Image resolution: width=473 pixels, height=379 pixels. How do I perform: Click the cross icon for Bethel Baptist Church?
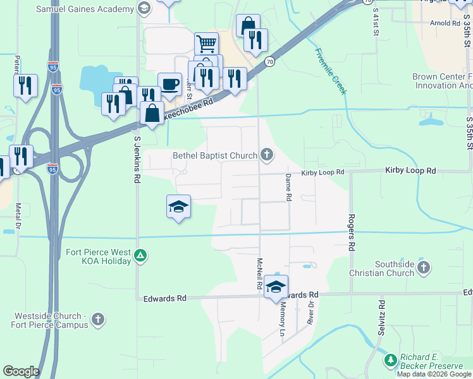[267, 155]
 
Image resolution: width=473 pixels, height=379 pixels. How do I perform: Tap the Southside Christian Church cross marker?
[424, 268]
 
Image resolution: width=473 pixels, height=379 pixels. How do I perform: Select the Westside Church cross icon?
[97, 320]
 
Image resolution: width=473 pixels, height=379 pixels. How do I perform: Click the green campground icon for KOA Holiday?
[141, 256]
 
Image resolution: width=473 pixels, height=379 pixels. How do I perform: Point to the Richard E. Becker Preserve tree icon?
[391, 361]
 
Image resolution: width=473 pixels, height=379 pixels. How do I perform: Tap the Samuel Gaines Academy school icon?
[144, 9]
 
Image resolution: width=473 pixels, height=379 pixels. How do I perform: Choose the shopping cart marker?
[206, 44]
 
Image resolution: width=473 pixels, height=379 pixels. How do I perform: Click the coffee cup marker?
[169, 85]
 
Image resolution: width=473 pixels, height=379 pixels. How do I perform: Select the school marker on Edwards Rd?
[276, 287]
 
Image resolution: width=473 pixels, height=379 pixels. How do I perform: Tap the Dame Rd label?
[288, 188]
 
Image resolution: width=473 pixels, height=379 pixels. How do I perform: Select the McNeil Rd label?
[259, 274]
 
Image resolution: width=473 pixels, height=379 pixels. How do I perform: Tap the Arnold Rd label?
[445, 23]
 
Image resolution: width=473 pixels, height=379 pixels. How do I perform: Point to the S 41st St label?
[376, 21]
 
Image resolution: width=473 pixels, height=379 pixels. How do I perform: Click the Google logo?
[21, 371]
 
